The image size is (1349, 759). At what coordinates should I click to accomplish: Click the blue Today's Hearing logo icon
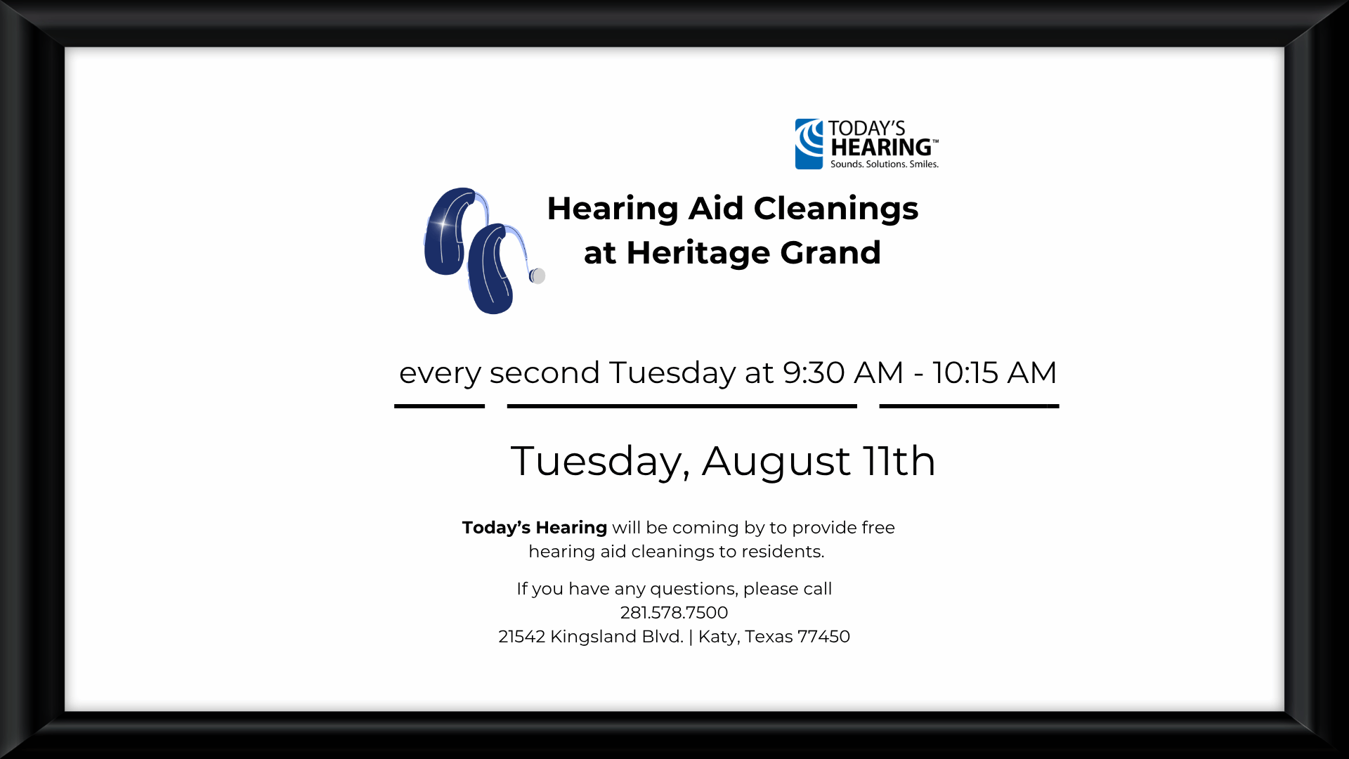(x=809, y=144)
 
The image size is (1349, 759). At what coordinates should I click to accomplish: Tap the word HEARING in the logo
(x=881, y=148)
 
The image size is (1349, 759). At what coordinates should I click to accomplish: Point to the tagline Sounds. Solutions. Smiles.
(x=884, y=164)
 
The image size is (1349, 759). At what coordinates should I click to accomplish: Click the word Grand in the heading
(x=830, y=253)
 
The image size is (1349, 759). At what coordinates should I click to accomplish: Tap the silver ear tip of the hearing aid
(x=537, y=276)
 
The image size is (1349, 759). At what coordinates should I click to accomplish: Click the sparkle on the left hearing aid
(x=443, y=224)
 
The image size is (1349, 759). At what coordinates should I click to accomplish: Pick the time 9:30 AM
(x=843, y=372)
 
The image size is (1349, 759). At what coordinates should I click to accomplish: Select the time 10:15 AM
(x=994, y=372)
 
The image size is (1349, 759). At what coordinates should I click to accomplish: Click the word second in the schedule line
(x=545, y=372)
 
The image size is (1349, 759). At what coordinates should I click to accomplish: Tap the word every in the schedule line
(x=440, y=375)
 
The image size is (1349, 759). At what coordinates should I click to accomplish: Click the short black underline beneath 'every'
(x=439, y=406)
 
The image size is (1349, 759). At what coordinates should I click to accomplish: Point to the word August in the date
(x=776, y=462)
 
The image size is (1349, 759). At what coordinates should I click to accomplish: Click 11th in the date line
(x=899, y=461)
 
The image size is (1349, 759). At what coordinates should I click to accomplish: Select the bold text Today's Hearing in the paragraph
(x=535, y=528)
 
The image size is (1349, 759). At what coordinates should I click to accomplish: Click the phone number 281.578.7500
(x=674, y=613)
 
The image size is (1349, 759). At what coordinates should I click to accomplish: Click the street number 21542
(x=521, y=637)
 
